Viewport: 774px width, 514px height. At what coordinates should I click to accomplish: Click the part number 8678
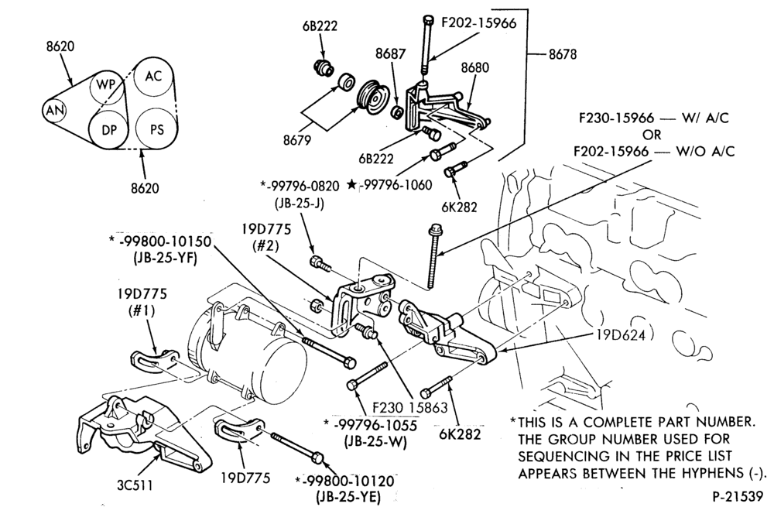[x=562, y=54]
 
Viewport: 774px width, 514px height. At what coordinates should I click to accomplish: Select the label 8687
[x=390, y=54]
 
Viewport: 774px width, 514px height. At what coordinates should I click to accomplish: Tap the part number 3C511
[x=135, y=485]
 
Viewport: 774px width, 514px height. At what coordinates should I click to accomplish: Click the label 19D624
[x=621, y=335]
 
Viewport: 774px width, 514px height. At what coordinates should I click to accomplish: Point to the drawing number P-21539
[x=738, y=496]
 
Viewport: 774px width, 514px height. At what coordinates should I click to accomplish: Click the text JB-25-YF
[x=165, y=258]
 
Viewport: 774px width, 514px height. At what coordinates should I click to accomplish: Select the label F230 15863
[x=409, y=408]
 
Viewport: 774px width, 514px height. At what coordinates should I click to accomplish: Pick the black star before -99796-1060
[x=351, y=185]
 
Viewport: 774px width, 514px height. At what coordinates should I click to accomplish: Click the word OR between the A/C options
[x=652, y=134]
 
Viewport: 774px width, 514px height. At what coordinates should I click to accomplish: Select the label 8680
[x=475, y=67]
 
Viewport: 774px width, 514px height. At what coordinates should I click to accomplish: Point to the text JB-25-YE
[x=348, y=497]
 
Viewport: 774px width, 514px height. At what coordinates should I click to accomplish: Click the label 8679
[x=297, y=140]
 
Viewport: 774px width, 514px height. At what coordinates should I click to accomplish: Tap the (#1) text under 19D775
[x=142, y=310]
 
